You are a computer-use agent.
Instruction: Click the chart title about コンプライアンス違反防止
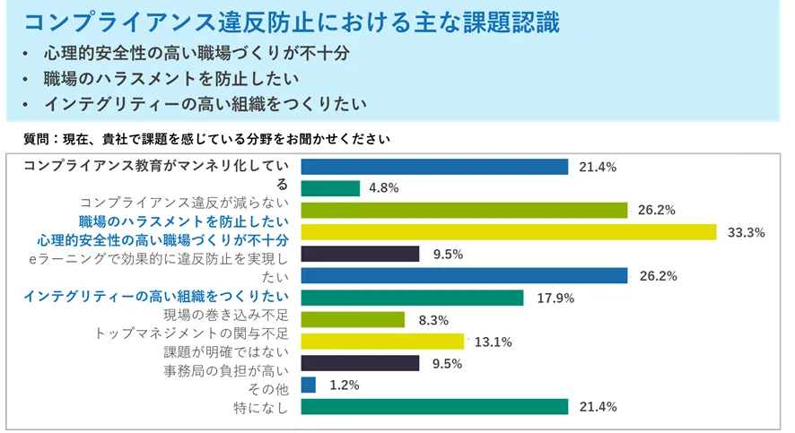(292, 22)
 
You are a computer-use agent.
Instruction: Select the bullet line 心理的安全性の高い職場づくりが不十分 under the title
(197, 54)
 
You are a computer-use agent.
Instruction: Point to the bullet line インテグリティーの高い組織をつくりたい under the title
(205, 104)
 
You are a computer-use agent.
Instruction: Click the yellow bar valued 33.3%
(509, 232)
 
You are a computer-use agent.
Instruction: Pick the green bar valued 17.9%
(399, 298)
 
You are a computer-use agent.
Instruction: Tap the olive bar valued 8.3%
(353, 319)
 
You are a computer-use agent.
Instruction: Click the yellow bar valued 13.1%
(382, 342)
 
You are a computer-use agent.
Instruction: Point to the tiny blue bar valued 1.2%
(309, 385)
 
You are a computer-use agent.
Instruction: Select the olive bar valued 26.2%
(464, 211)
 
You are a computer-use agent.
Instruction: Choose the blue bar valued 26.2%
(464, 275)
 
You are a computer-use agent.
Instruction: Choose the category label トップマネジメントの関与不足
(191, 333)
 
